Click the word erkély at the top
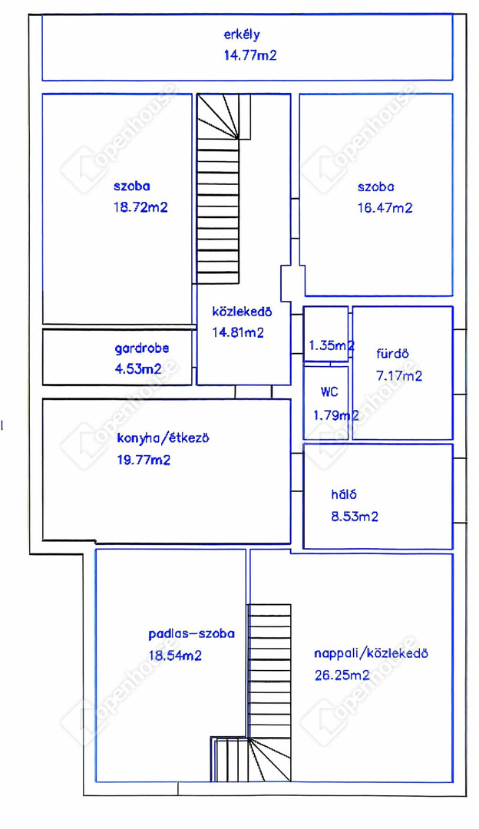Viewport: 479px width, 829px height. coord(242,35)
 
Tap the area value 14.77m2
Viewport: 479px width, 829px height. coord(250,55)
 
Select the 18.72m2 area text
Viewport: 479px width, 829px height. coord(140,207)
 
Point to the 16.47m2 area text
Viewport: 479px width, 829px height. coord(385,208)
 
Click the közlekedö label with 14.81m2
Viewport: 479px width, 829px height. coord(242,312)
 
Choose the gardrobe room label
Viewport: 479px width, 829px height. coord(142,349)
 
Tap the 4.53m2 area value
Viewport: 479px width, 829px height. coord(138,369)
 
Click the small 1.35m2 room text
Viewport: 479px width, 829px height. coord(332,345)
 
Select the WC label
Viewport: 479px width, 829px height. coord(329,392)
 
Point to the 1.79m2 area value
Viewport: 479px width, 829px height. coord(336,415)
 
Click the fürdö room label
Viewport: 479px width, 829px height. coord(392,354)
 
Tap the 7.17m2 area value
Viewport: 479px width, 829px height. coord(399,376)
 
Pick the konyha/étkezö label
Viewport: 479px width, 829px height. coord(163,438)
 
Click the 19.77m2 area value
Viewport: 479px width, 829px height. coord(144,460)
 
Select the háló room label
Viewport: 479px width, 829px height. coord(344,494)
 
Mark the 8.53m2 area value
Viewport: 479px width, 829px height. coord(355,517)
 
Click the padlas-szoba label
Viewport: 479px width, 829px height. coord(191,634)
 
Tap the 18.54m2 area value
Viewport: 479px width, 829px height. coord(176,656)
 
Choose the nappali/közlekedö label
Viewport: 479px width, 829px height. coord(371,653)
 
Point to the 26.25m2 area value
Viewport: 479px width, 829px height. coord(342,675)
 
